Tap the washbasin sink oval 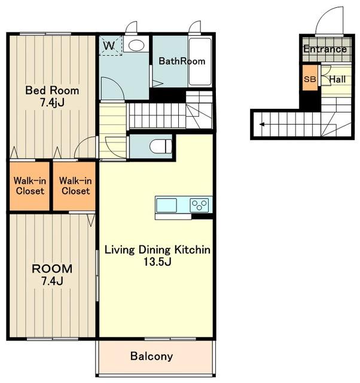coord(136,45)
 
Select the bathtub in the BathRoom coord(200,62)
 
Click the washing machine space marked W coord(110,45)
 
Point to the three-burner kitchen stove coord(199,205)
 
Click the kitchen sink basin coord(166,205)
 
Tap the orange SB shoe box coord(310,78)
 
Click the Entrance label coord(325,49)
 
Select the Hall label coord(337,80)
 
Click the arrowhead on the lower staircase coord(262,124)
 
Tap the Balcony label coord(151,356)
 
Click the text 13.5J coord(157,262)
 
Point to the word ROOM coord(52,269)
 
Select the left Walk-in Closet coord(30,186)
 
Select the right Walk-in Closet coord(74,186)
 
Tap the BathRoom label coord(182,61)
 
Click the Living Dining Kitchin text coord(157,250)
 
